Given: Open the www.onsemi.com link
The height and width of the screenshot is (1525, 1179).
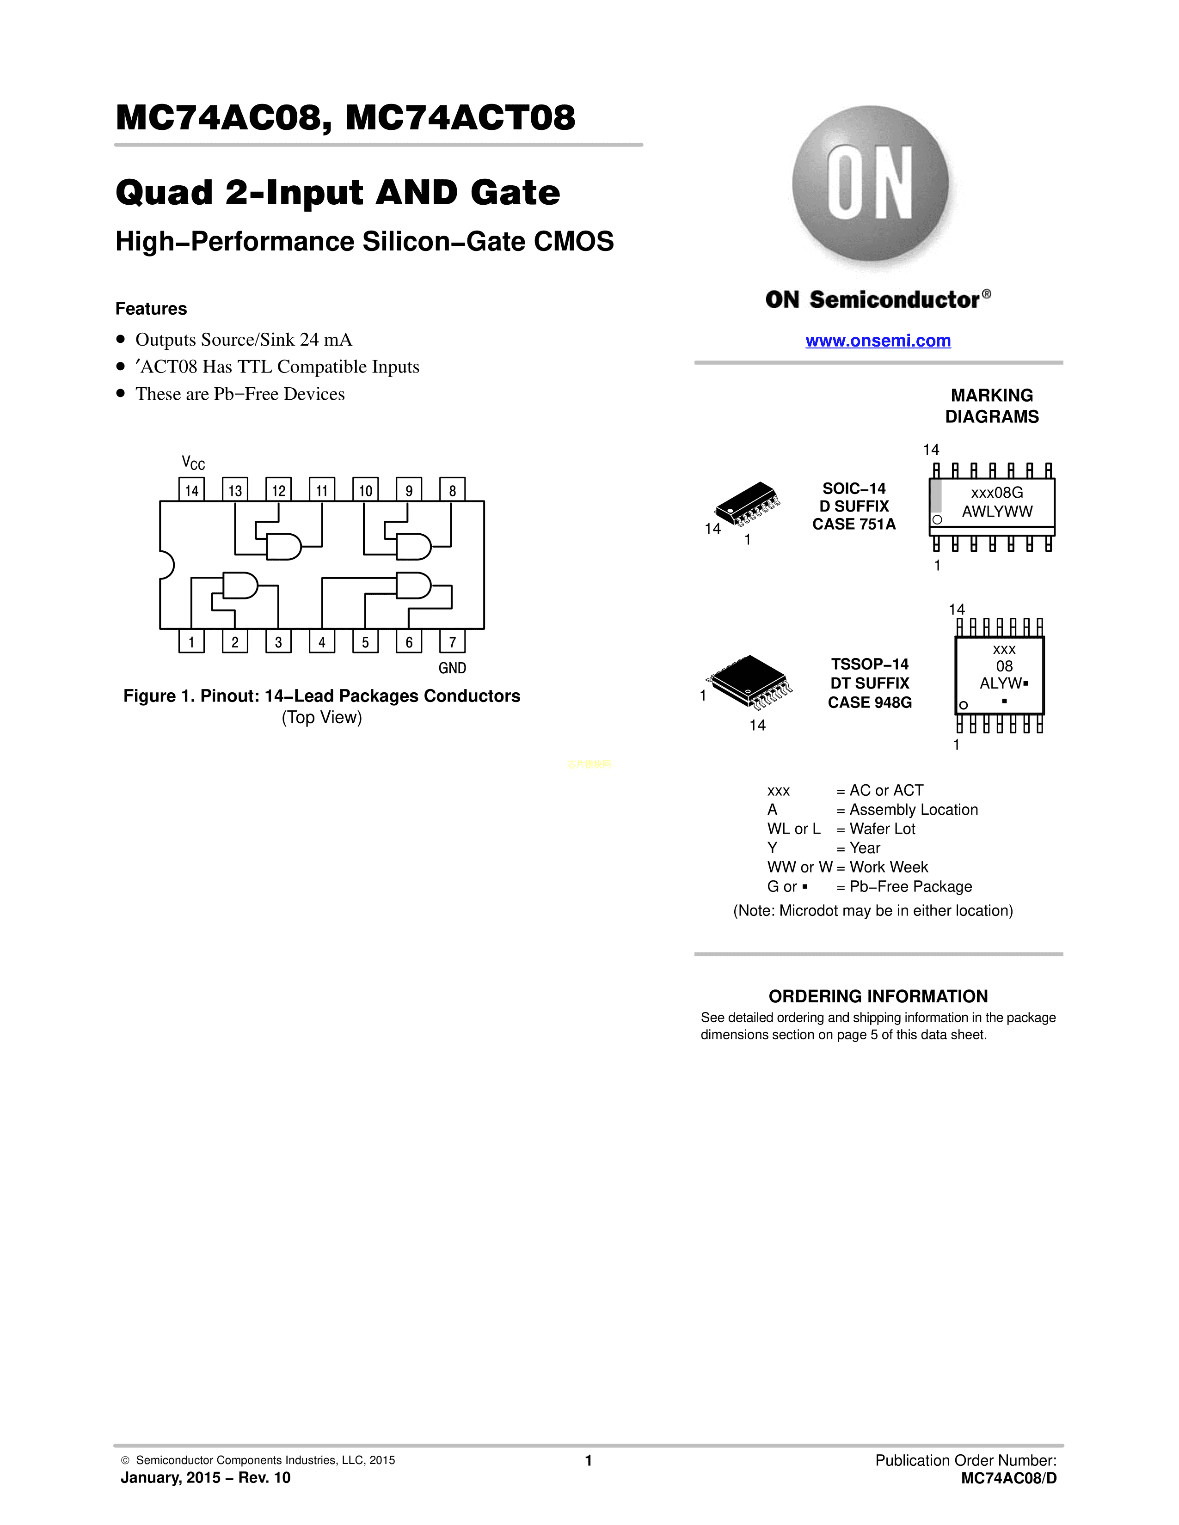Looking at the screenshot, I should tap(878, 341).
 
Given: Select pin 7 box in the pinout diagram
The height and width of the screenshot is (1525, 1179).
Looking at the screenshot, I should tap(452, 641).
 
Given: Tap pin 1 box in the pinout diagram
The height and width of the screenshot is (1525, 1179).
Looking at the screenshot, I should tap(191, 641).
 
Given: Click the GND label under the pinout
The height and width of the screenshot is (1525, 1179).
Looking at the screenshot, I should tap(452, 668).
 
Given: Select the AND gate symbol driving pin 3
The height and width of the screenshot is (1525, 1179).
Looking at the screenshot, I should tap(239, 586).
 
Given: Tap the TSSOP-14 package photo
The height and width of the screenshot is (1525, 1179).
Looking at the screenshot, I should tap(749, 678).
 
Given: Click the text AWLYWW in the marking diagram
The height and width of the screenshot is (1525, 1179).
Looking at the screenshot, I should tap(997, 511).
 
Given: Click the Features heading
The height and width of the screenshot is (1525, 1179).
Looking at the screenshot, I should tap(151, 309).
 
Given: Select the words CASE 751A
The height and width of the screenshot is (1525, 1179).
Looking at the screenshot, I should tap(854, 525).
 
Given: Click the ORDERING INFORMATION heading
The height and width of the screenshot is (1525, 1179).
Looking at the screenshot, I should tap(878, 996).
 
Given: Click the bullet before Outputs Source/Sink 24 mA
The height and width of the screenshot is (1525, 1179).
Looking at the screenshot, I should tap(121, 339).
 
